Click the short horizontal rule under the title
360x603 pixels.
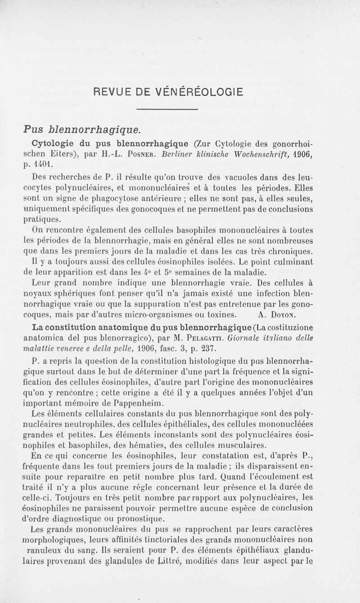click(167, 110)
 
